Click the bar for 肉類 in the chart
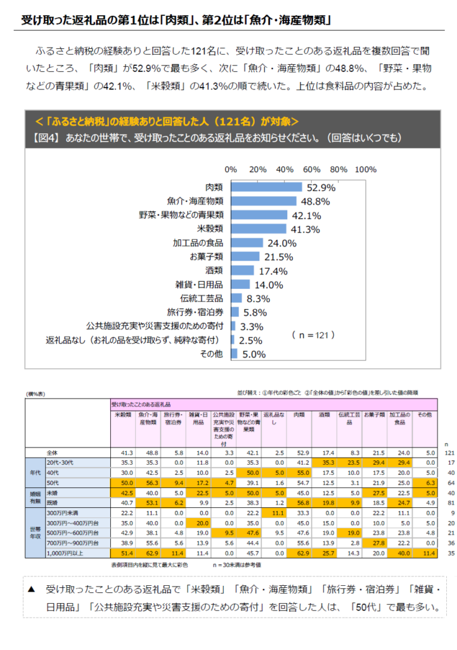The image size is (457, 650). tap(266, 187)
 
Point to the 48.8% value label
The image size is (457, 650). tap(315, 201)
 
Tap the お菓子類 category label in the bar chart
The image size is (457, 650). tap(207, 256)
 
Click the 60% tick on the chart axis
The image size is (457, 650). tap(311, 169)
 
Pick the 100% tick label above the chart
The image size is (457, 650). tap(366, 169)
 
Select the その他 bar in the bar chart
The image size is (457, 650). tap(234, 354)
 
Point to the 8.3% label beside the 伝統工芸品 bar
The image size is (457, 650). tap(258, 298)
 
